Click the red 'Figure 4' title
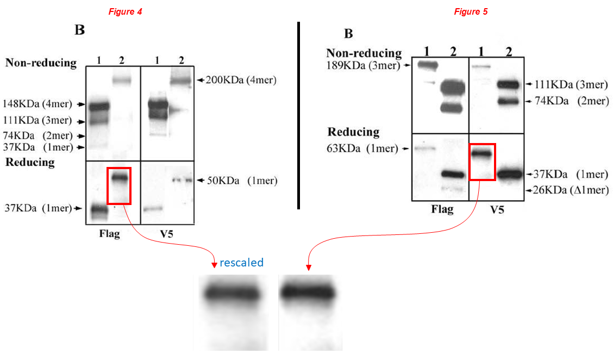pyautogui.click(x=125, y=11)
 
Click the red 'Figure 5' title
pyautogui.click(x=471, y=11)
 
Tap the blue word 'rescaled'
pyautogui.click(x=241, y=263)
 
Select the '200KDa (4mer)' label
pyautogui.click(x=239, y=80)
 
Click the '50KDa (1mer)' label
pyautogui.click(x=239, y=181)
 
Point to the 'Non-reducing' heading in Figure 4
pyautogui.click(x=41, y=63)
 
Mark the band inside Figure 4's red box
pyautogui.click(x=120, y=177)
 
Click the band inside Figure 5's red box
pyautogui.click(x=482, y=154)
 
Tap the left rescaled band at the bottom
pyautogui.click(x=232, y=294)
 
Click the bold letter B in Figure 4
pyautogui.click(x=79, y=30)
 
